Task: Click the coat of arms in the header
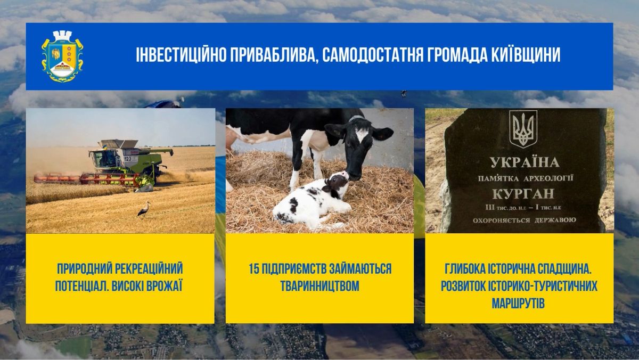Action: [62, 56]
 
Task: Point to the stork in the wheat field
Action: [144, 210]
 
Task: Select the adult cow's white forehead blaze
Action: [362, 135]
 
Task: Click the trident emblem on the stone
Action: [523, 129]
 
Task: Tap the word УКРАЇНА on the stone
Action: [525, 162]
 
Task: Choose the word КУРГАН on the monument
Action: [523, 194]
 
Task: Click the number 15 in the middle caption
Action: [254, 269]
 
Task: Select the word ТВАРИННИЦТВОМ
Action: [320, 286]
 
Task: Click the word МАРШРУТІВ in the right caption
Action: [518, 304]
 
